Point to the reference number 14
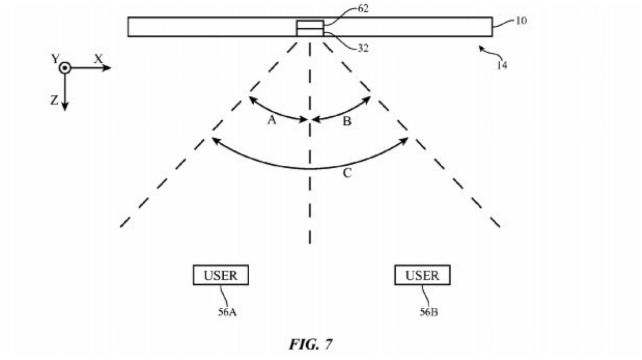(x=502, y=65)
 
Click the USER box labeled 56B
(x=422, y=275)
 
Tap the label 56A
(x=227, y=312)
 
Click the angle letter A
(x=272, y=121)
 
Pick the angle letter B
(x=347, y=121)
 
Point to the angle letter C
(x=347, y=173)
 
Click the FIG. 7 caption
(x=310, y=344)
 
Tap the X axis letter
(x=98, y=58)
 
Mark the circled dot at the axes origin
(x=65, y=68)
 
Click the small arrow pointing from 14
(x=484, y=50)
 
